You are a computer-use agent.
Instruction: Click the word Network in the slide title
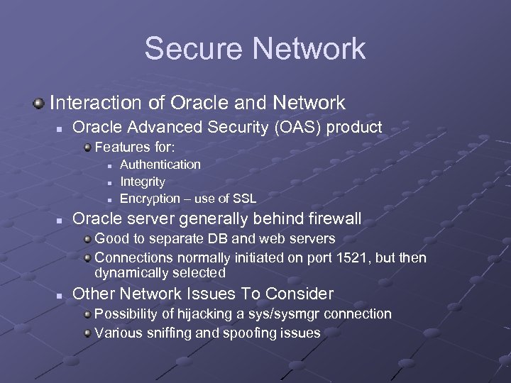[308, 48]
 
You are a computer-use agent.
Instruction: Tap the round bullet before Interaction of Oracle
[38, 104]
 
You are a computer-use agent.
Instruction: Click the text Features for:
[135, 148]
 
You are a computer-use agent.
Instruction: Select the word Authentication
[160, 165]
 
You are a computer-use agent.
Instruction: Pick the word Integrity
[143, 182]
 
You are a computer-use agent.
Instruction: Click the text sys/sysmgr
[285, 313]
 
